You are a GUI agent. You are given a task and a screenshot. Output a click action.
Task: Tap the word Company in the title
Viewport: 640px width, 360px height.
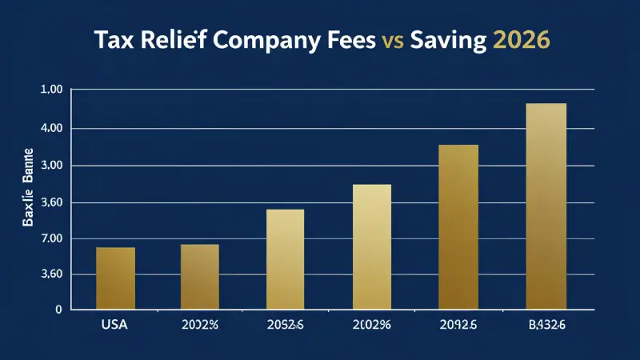click(255, 42)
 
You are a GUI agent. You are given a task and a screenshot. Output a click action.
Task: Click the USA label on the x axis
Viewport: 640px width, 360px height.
click(115, 325)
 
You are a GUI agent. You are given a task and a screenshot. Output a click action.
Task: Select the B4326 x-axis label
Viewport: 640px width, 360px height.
click(546, 325)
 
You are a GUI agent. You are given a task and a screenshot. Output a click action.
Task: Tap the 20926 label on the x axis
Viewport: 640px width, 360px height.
click(458, 325)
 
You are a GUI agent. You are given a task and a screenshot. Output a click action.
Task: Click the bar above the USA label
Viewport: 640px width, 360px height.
click(115, 278)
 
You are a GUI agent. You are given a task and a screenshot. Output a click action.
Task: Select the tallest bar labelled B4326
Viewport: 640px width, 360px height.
click(546, 206)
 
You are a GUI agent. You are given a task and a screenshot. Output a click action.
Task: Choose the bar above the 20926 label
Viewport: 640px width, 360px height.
click(458, 227)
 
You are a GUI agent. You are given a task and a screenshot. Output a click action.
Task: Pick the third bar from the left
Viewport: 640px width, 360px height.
click(285, 259)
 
